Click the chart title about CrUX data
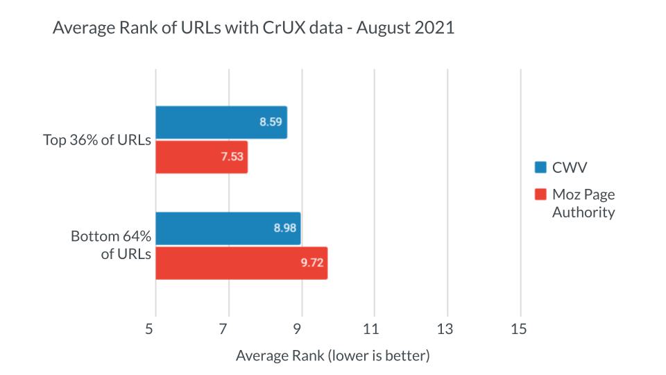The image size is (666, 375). [x=253, y=29]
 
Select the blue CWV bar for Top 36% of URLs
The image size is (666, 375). [x=221, y=122]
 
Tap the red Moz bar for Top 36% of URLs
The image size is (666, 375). [x=201, y=156]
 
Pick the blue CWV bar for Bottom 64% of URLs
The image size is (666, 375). [x=228, y=228]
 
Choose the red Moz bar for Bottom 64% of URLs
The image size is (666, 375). [x=241, y=262]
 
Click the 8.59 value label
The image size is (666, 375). [x=271, y=122]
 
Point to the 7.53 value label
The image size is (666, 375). [x=232, y=157]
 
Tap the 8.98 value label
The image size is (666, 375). [x=285, y=228]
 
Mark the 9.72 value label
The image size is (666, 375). [x=312, y=263]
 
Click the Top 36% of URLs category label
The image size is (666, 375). [x=96, y=140]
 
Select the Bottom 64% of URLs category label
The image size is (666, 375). [x=111, y=245]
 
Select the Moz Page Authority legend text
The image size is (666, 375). [x=583, y=203]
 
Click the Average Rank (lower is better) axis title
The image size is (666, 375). [x=333, y=356]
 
